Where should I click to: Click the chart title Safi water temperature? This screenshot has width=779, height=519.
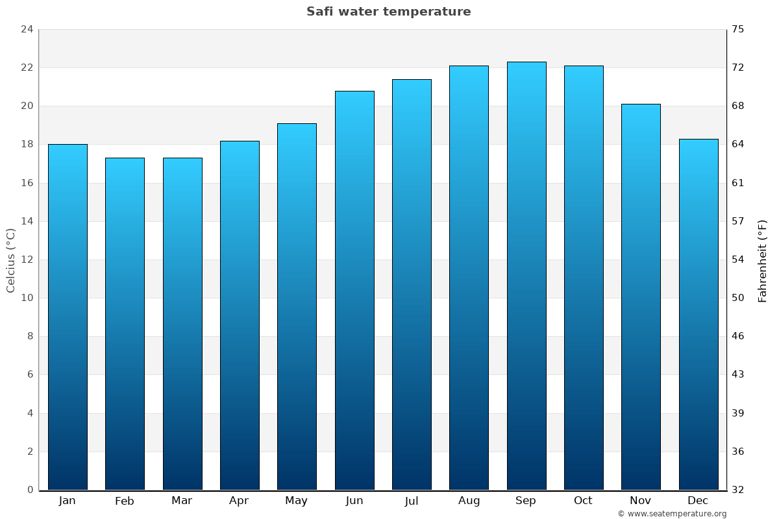click(389, 12)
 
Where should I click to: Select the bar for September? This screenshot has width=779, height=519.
click(526, 276)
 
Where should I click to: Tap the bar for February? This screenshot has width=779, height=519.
click(125, 324)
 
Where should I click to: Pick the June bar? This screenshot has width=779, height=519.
click(354, 290)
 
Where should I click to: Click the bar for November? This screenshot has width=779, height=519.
click(641, 296)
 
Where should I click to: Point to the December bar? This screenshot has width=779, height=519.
click(699, 314)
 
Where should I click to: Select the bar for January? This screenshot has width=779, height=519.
click(68, 317)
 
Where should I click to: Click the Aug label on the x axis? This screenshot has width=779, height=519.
click(469, 501)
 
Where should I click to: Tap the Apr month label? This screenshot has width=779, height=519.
click(239, 501)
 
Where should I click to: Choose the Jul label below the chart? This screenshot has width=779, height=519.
click(412, 501)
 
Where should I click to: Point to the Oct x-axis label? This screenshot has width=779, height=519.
click(583, 501)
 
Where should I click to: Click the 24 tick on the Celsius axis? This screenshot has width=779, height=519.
click(27, 29)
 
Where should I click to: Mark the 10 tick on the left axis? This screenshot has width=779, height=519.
click(27, 298)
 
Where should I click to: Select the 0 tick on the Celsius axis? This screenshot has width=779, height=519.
click(30, 490)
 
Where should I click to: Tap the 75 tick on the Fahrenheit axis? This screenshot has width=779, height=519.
click(738, 29)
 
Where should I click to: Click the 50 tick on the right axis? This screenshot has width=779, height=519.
click(738, 298)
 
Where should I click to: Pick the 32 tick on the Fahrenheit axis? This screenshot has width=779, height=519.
click(738, 490)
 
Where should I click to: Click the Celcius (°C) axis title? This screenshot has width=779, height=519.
click(10, 260)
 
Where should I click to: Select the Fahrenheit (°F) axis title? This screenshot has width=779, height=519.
click(763, 261)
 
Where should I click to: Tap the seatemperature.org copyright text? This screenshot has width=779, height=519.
click(672, 514)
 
